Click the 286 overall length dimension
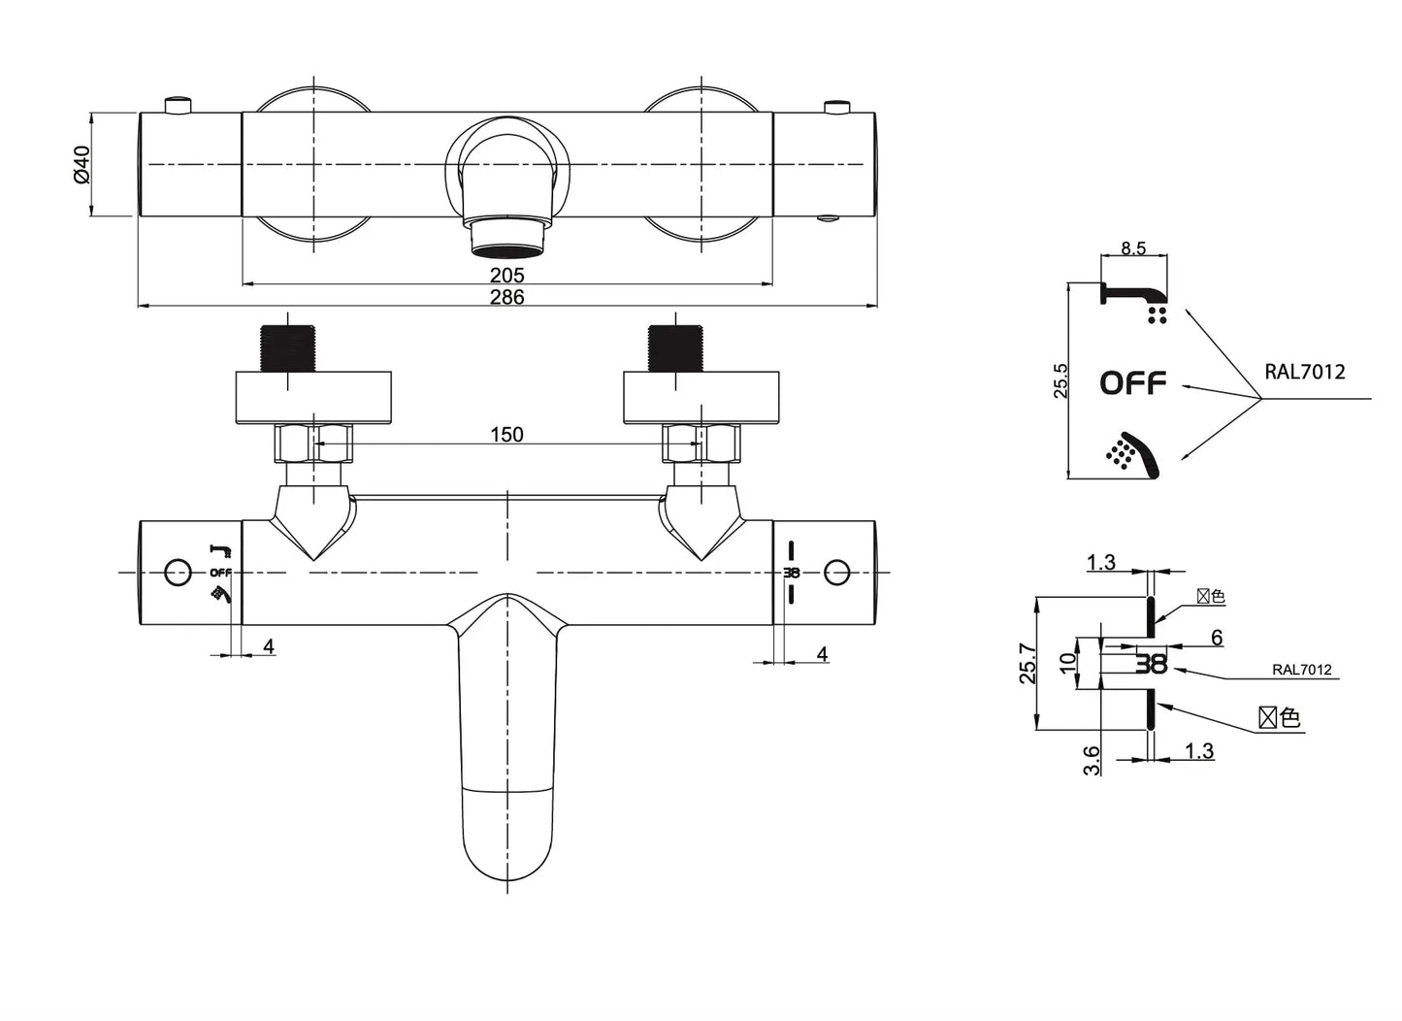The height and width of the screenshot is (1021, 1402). (x=506, y=297)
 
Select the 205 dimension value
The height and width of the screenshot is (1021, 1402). (x=506, y=276)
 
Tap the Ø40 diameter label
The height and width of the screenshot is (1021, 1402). (x=81, y=164)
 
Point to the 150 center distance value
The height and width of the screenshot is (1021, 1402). (x=506, y=435)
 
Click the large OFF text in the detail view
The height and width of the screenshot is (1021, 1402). (x=1132, y=383)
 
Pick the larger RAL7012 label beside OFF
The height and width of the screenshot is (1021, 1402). (x=1305, y=372)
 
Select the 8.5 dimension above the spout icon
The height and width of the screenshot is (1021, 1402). (x=1133, y=248)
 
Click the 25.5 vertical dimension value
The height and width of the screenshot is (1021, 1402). (x=1060, y=380)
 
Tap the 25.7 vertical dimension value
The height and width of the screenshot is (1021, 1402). (x=1027, y=664)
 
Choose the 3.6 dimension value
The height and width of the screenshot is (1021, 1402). (x=1092, y=759)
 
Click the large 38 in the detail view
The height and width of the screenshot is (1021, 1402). (x=1152, y=665)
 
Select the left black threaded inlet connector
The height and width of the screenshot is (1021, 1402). (x=287, y=348)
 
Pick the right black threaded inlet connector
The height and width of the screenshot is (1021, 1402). (x=675, y=348)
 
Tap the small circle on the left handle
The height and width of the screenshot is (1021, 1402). (x=178, y=573)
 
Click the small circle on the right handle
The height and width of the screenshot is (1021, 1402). (x=836, y=573)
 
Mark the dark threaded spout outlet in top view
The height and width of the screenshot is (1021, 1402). (x=507, y=240)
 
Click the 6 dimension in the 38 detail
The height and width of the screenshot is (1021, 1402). (x=1217, y=638)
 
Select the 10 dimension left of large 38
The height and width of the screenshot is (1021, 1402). (x=1068, y=664)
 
